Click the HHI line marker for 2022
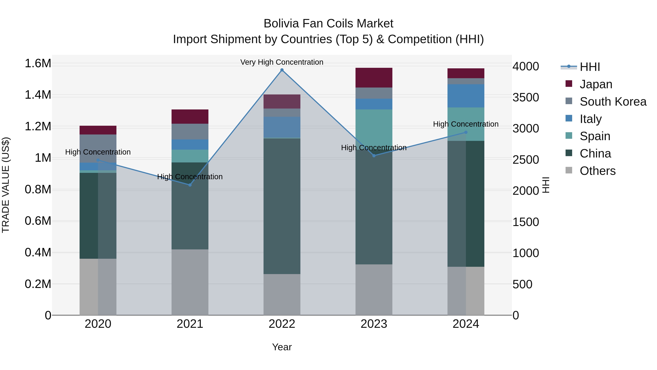pyautogui.click(x=282, y=70)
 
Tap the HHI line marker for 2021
pyautogui.click(x=190, y=185)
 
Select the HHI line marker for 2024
pyautogui.click(x=466, y=132)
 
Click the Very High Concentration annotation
pyautogui.click(x=282, y=62)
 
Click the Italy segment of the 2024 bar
pyautogui.click(x=466, y=96)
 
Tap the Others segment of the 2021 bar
pyautogui.click(x=190, y=282)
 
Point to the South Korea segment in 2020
pyautogui.click(x=98, y=148)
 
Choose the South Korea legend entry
pyautogui.click(x=613, y=102)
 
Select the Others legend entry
pyautogui.click(x=597, y=171)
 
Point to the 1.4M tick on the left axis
pyautogui.click(x=38, y=95)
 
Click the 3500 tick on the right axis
pyautogui.click(x=525, y=98)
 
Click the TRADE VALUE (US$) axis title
pyautogui.click(x=6, y=185)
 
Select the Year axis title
pyautogui.click(x=282, y=347)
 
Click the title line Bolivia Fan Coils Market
pyautogui.click(x=328, y=24)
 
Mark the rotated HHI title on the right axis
pyautogui.click(x=545, y=185)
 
